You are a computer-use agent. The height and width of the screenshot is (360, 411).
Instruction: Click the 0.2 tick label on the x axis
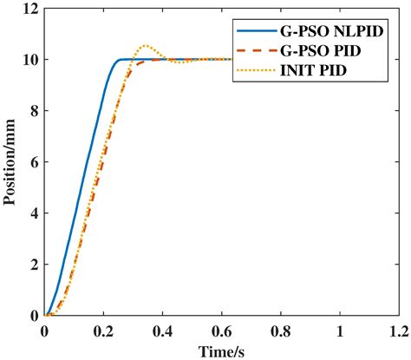coord(103,331)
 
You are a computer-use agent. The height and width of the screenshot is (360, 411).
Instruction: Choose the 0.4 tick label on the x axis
coord(162,331)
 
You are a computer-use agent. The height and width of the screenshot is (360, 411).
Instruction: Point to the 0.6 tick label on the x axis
coord(221,331)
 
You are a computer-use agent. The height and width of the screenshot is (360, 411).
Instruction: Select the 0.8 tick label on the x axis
coord(280,331)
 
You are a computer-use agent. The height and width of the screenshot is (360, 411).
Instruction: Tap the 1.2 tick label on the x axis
coord(398,331)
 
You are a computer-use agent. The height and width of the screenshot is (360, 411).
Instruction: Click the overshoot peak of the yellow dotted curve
coord(145,45)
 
